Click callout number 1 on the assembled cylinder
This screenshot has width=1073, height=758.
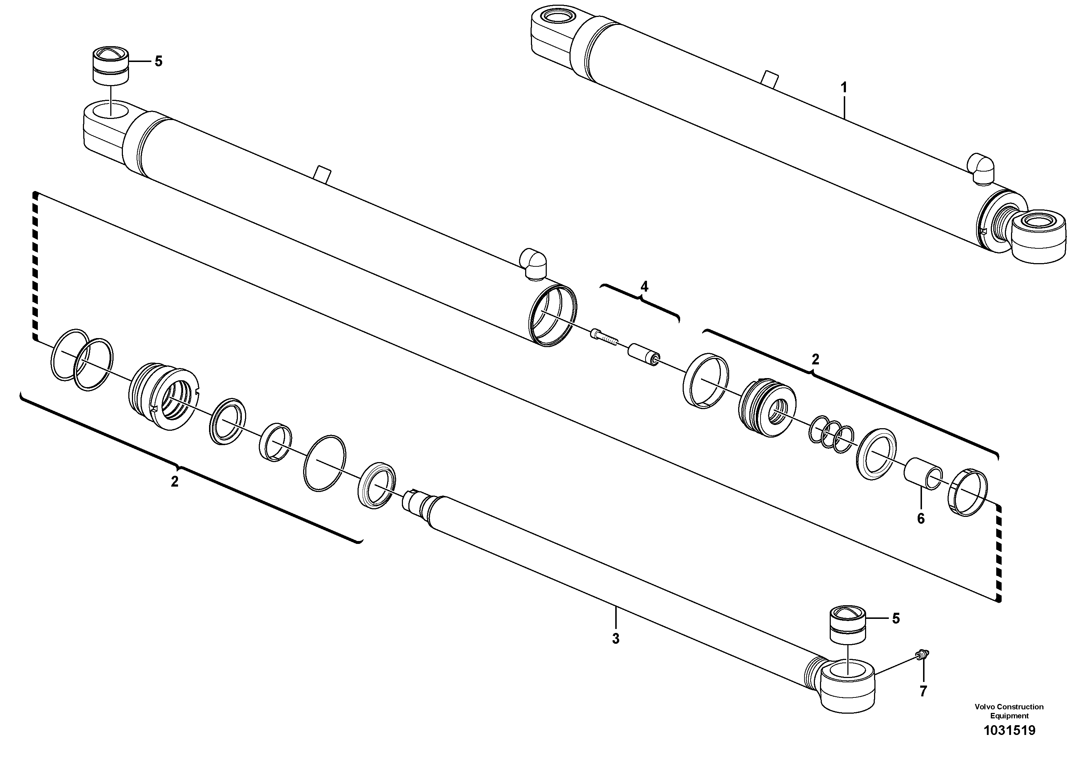click(x=843, y=87)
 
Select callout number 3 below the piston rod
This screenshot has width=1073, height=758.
click(x=616, y=638)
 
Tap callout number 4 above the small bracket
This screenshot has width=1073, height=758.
click(x=644, y=287)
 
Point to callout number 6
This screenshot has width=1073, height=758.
click(x=920, y=519)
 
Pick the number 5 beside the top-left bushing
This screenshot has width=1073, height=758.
click(x=159, y=61)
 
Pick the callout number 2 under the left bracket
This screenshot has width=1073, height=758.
click(x=174, y=481)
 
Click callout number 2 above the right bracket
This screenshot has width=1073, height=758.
click(x=815, y=359)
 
